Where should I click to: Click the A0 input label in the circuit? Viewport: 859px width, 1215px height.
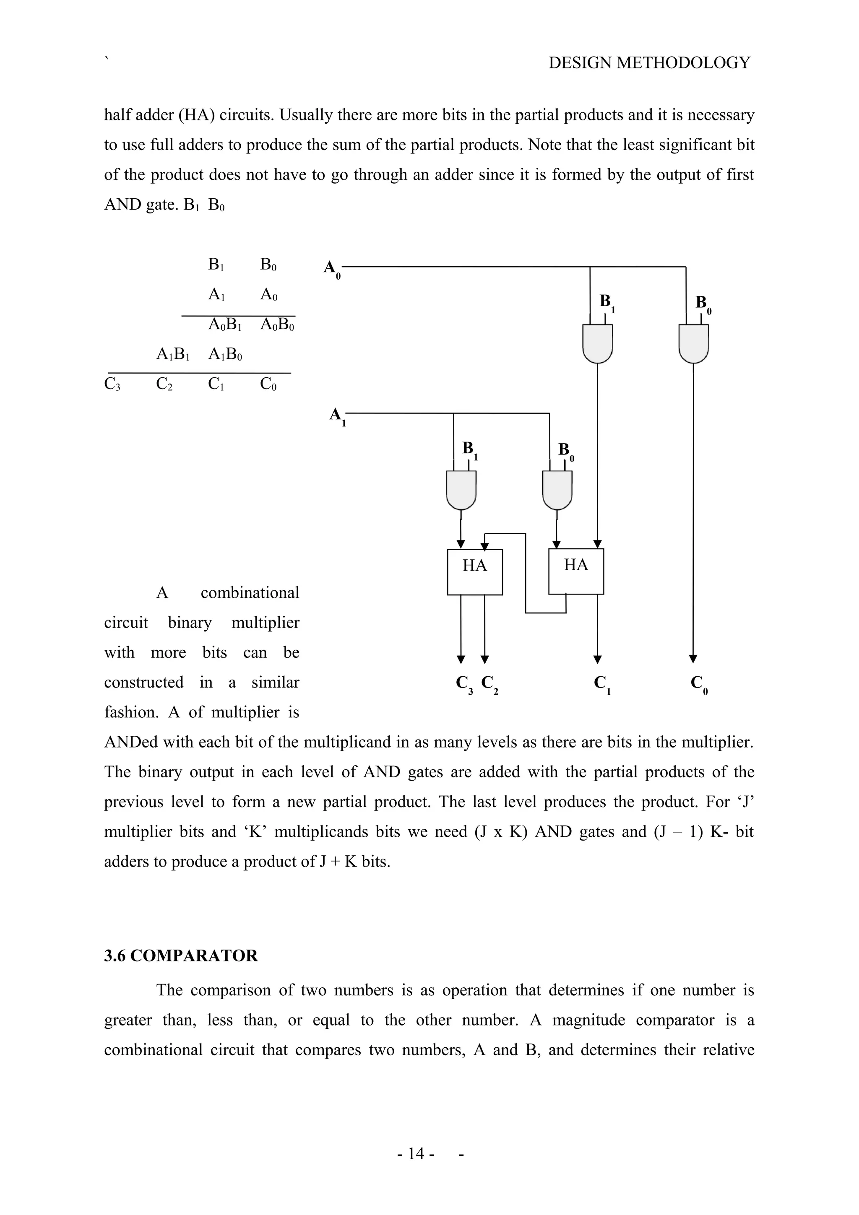point(332,269)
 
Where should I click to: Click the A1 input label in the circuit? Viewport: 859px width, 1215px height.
point(337,415)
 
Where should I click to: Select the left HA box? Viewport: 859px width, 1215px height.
point(474,571)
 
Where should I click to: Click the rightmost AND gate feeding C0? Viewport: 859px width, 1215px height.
point(693,343)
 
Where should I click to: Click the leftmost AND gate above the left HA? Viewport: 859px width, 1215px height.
point(461,490)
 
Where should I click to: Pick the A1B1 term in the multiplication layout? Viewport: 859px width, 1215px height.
point(172,354)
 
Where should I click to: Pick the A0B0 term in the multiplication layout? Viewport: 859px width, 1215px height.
point(277,325)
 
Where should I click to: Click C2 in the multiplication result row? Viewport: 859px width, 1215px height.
point(164,384)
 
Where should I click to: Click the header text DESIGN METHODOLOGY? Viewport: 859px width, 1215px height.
point(649,63)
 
